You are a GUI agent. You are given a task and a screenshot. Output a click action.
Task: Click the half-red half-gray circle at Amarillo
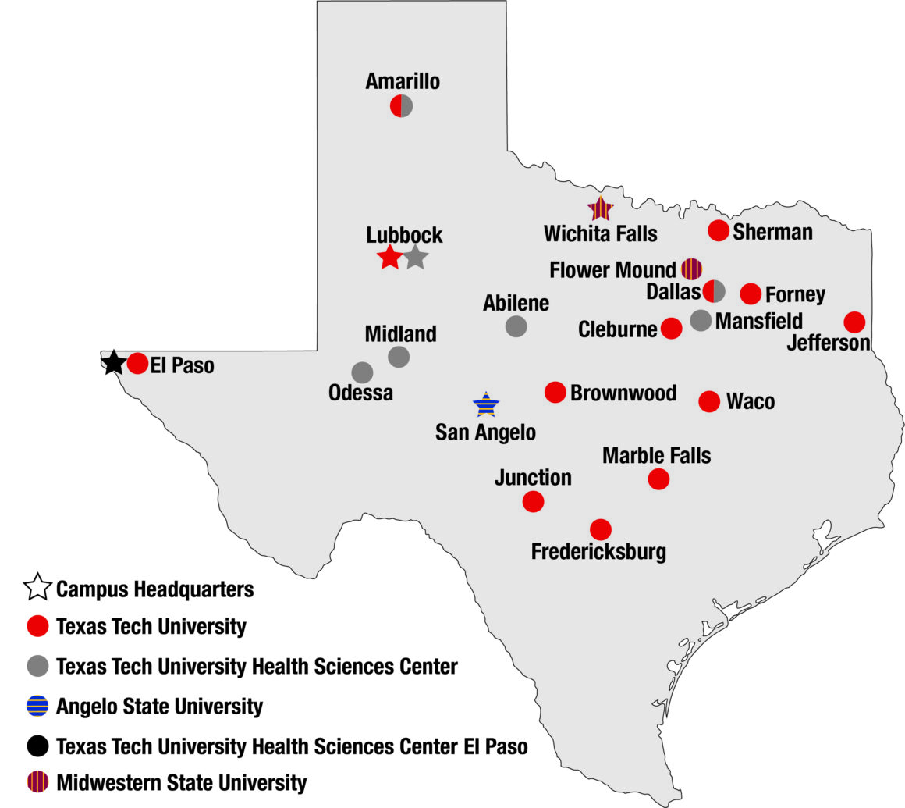(x=401, y=106)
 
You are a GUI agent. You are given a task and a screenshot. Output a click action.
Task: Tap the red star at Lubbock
(x=389, y=257)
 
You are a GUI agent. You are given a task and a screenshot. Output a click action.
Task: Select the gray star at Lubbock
(x=416, y=257)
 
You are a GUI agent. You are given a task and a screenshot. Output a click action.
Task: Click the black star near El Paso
(x=114, y=362)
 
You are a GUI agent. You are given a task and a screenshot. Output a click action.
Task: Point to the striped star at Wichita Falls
(x=601, y=208)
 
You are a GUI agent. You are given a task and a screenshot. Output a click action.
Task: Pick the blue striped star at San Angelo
(x=486, y=404)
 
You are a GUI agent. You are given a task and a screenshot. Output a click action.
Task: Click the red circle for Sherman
(x=718, y=230)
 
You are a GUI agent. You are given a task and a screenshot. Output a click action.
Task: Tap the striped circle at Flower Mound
(x=691, y=269)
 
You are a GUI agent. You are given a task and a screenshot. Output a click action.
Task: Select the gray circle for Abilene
(x=516, y=326)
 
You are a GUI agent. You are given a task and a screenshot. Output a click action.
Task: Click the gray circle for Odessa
(x=362, y=372)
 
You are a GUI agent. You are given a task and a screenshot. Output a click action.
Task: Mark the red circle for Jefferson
(x=854, y=322)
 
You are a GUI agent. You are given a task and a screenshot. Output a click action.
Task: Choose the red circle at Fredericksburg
(x=600, y=529)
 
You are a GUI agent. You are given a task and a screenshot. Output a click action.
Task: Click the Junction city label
(x=533, y=477)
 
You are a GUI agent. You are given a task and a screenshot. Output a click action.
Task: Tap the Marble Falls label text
(x=657, y=455)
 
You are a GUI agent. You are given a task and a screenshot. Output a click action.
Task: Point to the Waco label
(x=751, y=401)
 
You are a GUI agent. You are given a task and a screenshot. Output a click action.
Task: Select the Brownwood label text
(x=623, y=392)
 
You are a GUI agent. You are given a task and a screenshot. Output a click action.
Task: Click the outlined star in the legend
(x=38, y=588)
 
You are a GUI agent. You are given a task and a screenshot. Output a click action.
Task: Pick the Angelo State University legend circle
(x=37, y=707)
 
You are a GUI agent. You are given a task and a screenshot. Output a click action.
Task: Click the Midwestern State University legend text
(x=181, y=782)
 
